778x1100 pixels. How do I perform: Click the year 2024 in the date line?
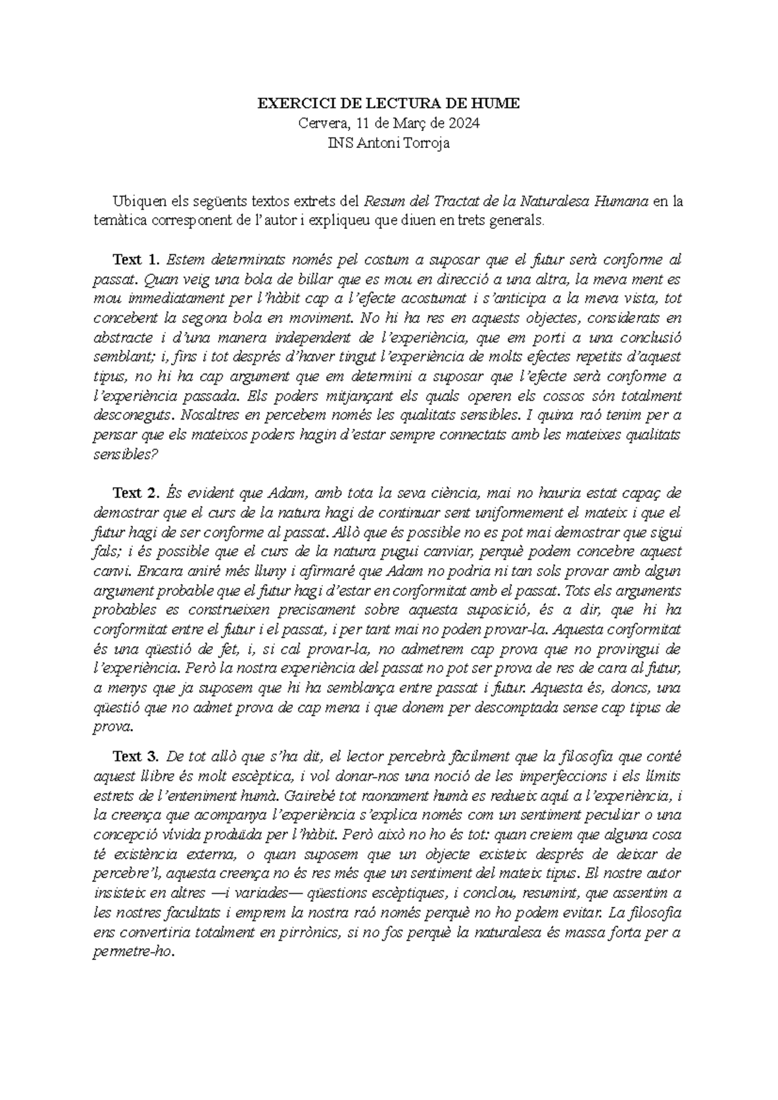tap(462, 123)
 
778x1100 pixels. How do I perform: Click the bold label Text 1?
tap(136, 260)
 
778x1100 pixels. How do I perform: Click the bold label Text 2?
tap(136, 494)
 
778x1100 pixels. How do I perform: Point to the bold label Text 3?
tap(136, 757)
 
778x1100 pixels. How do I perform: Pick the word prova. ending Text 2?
tap(113, 727)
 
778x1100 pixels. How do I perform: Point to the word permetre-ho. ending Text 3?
tap(134, 951)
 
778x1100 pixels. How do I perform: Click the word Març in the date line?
tap(405, 123)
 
